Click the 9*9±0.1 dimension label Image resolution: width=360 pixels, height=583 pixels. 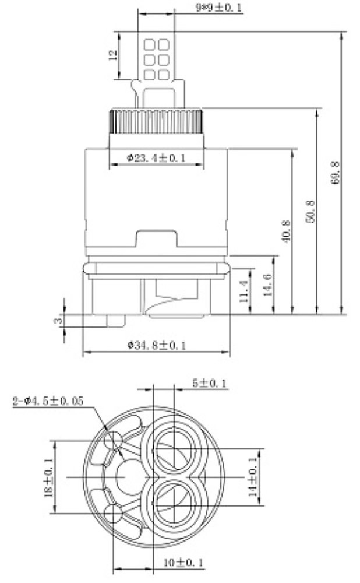click(218, 8)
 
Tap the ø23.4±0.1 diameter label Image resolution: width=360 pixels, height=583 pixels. click(156, 158)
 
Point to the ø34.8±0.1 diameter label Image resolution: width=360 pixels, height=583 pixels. click(157, 345)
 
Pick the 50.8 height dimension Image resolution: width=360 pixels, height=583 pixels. click(310, 211)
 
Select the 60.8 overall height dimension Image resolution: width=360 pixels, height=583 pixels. click(334, 173)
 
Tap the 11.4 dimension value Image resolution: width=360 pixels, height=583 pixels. click(243, 291)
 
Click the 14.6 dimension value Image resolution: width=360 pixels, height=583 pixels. click(268, 285)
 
